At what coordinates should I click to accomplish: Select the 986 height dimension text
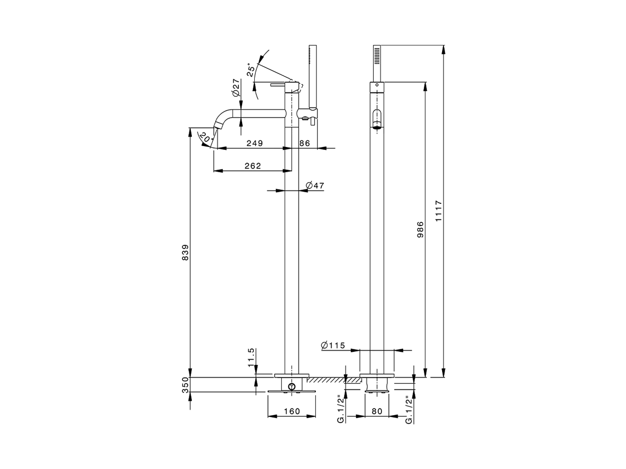coord(420,229)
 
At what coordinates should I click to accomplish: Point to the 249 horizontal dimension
coord(254,143)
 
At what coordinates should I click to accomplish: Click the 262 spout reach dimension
coord(252,166)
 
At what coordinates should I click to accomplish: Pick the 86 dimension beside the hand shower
coord(304,143)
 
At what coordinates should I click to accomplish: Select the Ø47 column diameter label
coord(315,185)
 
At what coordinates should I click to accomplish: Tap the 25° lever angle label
coord(251,70)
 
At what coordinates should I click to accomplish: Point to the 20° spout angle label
coord(206,139)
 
